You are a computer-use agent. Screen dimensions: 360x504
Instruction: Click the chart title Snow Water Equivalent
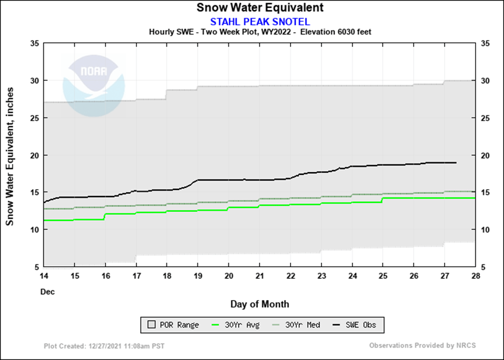pos(259,8)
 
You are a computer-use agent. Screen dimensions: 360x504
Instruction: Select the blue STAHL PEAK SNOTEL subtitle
pos(259,21)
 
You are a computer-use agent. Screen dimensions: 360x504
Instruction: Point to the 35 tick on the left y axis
pos(35,43)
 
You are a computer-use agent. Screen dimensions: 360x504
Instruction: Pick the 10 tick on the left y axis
pos(35,230)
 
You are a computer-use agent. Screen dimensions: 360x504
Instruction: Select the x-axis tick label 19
pos(197,275)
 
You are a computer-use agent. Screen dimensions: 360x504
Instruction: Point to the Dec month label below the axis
pos(48,292)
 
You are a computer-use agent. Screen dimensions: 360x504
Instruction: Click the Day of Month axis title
pos(259,304)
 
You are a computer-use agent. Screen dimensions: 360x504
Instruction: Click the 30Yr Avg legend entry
pos(237,325)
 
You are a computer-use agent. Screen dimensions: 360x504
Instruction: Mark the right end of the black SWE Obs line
pos(456,163)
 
